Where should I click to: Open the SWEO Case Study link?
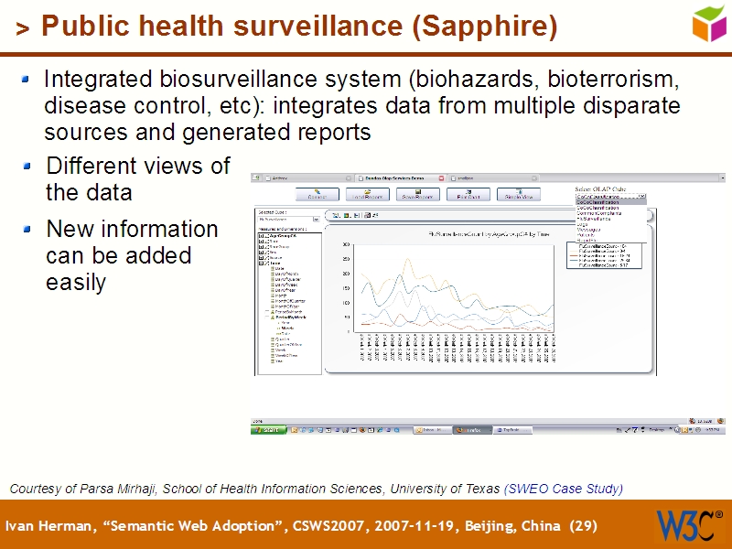(564, 489)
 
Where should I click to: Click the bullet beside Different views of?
(31, 167)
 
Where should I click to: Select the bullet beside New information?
(31, 229)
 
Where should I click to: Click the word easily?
(76, 283)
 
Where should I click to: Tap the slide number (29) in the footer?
(583, 526)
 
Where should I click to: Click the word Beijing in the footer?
(484, 526)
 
